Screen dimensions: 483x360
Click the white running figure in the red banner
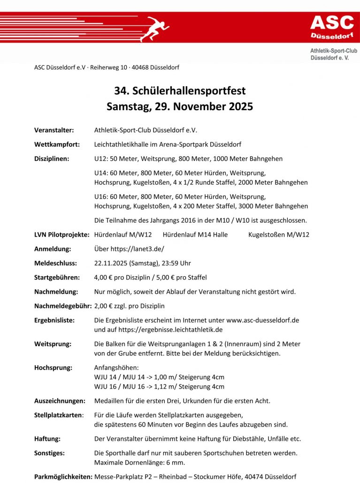(154, 29)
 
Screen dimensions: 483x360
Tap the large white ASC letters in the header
(332, 23)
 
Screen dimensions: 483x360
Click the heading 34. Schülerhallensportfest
(180, 91)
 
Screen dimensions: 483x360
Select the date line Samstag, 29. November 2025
(180, 106)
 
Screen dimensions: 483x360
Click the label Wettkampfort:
(57, 144)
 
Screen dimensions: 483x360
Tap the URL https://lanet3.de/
(137, 249)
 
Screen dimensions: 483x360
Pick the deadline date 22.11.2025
(111, 263)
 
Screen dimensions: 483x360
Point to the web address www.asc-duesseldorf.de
(263, 320)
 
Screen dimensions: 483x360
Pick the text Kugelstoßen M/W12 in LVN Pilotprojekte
(278, 235)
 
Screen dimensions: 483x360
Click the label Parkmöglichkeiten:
(63, 476)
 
